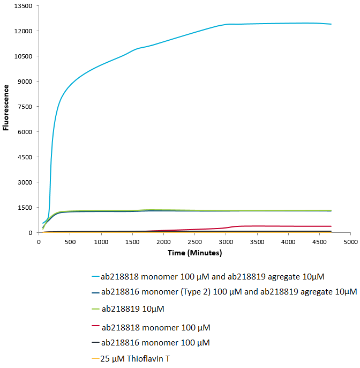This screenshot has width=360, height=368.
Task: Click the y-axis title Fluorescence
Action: click(6, 107)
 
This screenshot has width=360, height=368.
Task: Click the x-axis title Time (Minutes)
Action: click(195, 252)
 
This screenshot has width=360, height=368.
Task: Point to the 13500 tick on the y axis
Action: click(25, 6)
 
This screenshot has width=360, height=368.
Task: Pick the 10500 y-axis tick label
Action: click(25, 56)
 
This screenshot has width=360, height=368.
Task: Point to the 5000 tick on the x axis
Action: click(350, 242)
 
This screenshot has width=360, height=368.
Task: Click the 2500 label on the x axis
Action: click(194, 242)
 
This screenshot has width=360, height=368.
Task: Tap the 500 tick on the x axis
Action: click(70, 242)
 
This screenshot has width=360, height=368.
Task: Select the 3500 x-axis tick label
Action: click(257, 242)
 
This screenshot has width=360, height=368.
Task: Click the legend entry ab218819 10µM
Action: click(133, 309)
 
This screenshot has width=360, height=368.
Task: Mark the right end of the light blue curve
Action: click(331, 24)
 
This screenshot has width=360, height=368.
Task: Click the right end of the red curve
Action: click(331, 226)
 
